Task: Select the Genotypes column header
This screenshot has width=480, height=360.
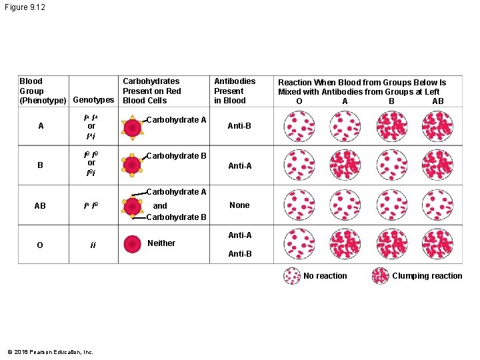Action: coord(93,100)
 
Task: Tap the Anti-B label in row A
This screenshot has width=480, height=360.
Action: coord(239,126)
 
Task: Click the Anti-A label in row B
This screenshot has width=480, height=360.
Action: coord(239,166)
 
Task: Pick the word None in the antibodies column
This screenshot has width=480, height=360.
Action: coord(239,205)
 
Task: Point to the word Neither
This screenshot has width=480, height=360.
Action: coord(161,243)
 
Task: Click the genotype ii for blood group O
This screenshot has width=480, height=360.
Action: coord(93,245)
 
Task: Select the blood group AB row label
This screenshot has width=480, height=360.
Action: coord(40,206)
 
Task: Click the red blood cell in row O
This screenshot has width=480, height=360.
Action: coord(133,243)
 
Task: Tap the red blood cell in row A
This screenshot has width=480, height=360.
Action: coord(132,128)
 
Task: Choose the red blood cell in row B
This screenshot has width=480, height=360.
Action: coord(132,166)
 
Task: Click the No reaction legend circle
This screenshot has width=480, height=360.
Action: coord(292,276)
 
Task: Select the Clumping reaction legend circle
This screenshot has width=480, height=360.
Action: coord(380,276)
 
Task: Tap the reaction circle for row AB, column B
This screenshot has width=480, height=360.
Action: coord(391,205)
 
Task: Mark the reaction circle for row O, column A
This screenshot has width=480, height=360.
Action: coord(345,245)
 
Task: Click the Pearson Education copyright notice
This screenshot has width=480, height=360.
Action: coord(51,352)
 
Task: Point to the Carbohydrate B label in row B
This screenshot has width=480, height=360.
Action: coord(176,156)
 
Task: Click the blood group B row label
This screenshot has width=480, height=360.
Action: coord(40,165)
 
